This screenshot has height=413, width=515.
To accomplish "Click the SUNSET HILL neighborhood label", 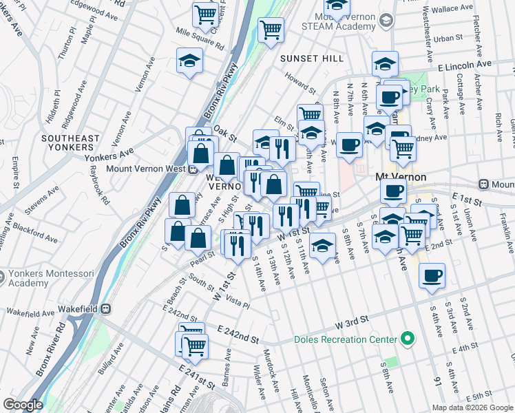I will point(312,59).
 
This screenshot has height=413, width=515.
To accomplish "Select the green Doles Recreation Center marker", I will point(408,339).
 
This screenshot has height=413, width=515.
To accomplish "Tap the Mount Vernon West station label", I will point(143,169).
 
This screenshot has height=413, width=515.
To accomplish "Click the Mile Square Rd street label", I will point(201,39).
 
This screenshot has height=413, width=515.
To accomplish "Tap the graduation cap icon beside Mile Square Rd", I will point(190,61).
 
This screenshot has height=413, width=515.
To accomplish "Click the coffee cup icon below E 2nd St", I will point(432,276).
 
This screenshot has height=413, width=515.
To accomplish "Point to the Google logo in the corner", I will point(23,405).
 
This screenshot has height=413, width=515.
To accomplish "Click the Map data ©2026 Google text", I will point(472,407).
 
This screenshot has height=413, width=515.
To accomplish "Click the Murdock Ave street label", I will point(271,368).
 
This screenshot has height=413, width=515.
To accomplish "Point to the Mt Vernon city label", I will point(400,177).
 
